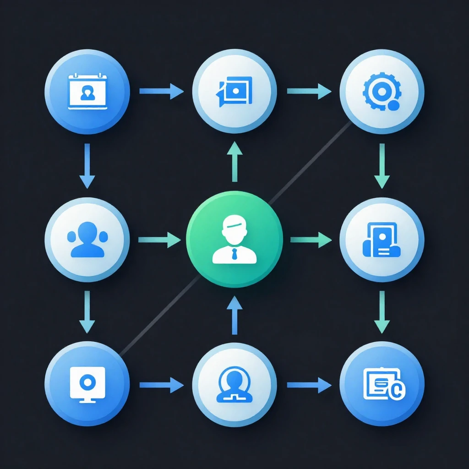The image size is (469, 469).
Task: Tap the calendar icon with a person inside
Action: [x=87, y=92]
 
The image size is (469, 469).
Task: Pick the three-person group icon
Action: [x=87, y=239]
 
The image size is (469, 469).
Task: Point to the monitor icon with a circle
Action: [x=87, y=384]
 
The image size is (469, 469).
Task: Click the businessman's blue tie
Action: [x=234, y=253]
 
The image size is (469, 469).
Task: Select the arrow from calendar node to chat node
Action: [x=161, y=91]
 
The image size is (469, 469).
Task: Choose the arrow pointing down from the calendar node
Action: [x=87, y=165]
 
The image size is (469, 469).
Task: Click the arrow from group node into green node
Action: [x=159, y=239]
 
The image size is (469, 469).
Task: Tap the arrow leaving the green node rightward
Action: [x=311, y=239]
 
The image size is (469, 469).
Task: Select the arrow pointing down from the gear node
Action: [x=382, y=165]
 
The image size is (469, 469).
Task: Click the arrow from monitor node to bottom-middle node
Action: [x=161, y=385]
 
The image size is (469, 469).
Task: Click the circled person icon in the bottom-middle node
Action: [x=234, y=384]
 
